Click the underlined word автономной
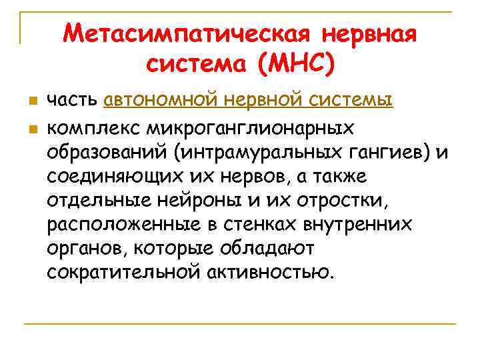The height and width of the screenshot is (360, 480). point(161,101)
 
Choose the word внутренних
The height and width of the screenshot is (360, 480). point(361,224)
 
